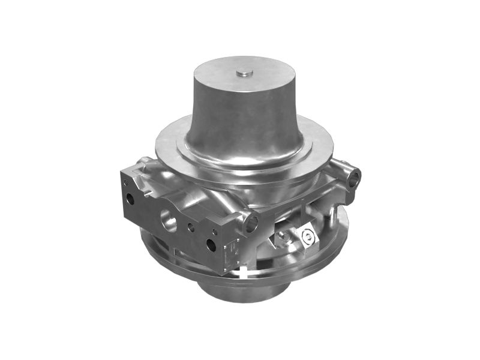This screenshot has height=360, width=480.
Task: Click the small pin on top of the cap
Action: click(244, 73)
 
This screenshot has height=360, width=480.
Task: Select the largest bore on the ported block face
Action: click(168, 220)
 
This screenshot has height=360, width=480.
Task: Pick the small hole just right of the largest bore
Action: click(190, 227)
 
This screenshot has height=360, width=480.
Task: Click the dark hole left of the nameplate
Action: click(211, 244)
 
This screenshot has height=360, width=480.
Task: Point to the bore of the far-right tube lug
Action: click(356, 177)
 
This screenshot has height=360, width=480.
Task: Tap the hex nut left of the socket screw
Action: click(282, 239)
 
